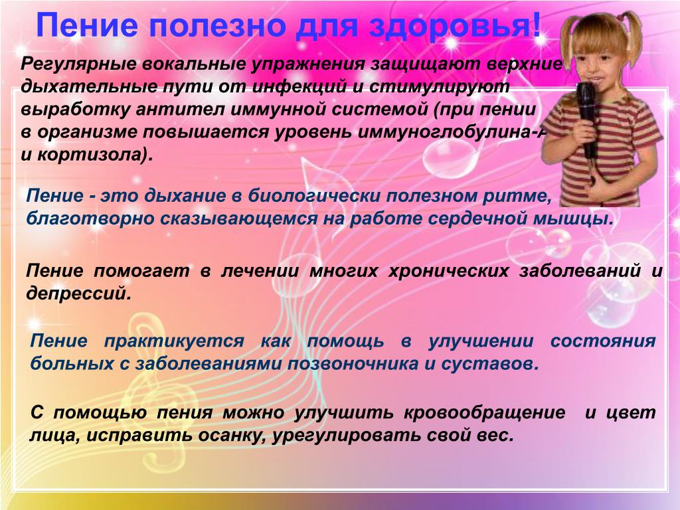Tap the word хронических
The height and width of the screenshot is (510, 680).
(448, 272)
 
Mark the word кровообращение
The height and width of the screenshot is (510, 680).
(485, 413)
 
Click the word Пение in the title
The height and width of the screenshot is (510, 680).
(87, 26)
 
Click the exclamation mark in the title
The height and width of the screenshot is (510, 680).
(536, 26)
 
